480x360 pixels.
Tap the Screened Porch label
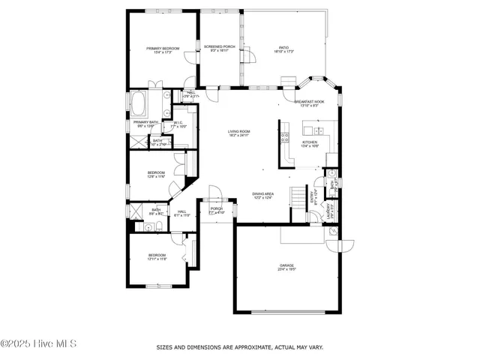pyautogui.click(x=220, y=46)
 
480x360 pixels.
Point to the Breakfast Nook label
pyautogui.click(x=309, y=101)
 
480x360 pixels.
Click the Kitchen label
pyautogui.click(x=310, y=142)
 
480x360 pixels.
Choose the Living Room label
pyautogui.click(x=239, y=132)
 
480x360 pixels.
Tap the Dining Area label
pyautogui.click(x=262, y=193)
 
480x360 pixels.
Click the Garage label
pyautogui.click(x=286, y=265)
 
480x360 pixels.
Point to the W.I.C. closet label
pyautogui.click(x=178, y=123)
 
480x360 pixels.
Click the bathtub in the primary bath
pyautogui.click(x=140, y=100)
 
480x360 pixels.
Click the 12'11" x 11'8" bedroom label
pyautogui.click(x=157, y=256)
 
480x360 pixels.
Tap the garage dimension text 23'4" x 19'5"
pyautogui.click(x=286, y=270)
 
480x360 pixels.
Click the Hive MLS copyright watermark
pyautogui.click(x=39, y=345)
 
